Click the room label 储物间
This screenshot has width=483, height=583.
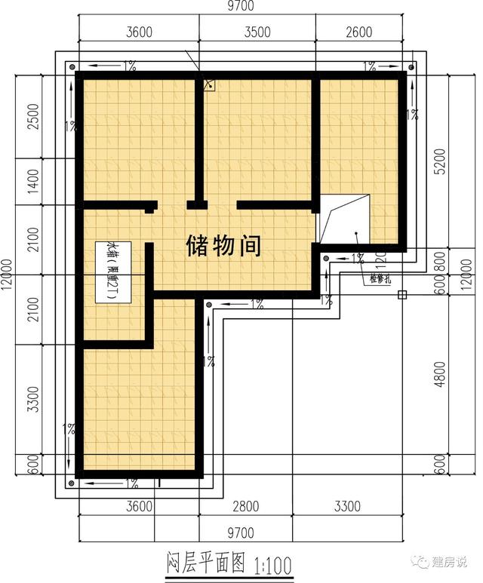pyautogui.click(x=223, y=245)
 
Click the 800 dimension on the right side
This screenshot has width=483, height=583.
pyautogui.click(x=441, y=259)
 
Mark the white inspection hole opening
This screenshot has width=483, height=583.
pyautogui.click(x=346, y=216)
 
